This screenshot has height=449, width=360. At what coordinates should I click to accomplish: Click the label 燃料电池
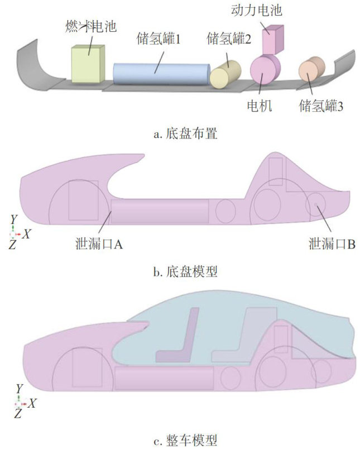tap(90, 27)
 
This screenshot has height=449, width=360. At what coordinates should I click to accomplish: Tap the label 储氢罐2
tap(229, 39)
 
